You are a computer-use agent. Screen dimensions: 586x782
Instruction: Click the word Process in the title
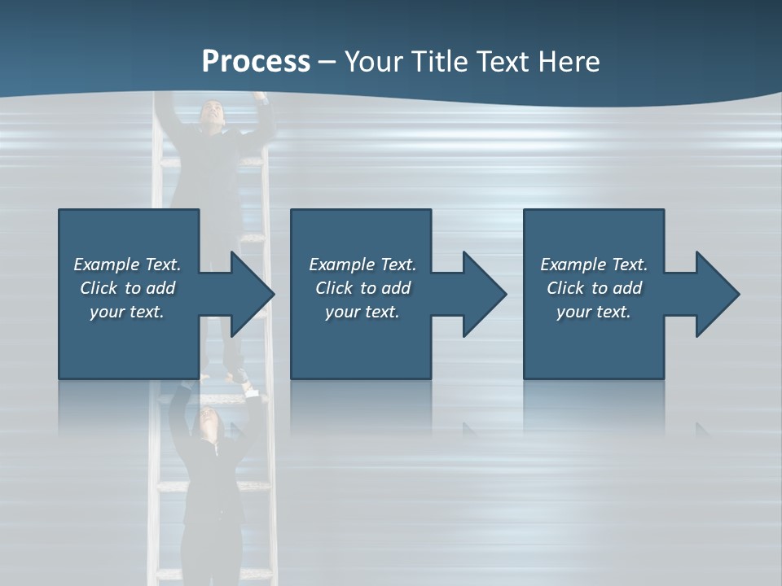[256, 62]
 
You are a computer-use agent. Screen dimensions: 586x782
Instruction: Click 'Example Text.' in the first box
[127, 265]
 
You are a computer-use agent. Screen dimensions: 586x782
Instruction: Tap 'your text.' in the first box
[127, 312]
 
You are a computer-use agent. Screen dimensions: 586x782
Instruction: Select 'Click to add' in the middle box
[362, 288]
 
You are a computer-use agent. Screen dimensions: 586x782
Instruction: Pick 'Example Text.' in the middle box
[362, 265]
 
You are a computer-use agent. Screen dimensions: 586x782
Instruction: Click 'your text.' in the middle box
[362, 312]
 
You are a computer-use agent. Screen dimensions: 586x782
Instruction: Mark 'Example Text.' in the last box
[594, 265]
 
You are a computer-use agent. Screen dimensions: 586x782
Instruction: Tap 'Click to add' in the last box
[594, 288]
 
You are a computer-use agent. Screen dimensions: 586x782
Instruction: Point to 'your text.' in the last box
[594, 312]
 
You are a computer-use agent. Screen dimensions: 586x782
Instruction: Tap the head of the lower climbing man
[205, 421]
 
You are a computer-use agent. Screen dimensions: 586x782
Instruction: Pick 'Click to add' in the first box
[127, 288]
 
